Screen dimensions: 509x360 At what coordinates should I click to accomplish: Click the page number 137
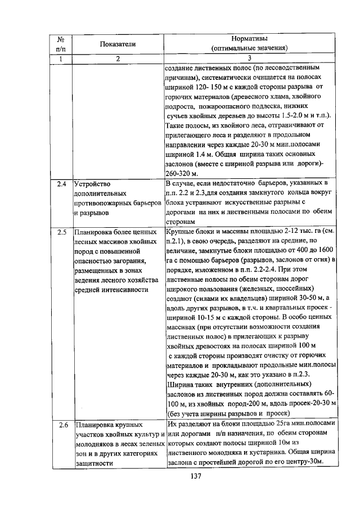(196, 476)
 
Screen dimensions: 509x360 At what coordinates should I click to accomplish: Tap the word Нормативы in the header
(250, 38)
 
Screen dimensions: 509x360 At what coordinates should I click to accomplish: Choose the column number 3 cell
(250, 58)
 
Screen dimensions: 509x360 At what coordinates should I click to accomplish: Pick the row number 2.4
(62, 183)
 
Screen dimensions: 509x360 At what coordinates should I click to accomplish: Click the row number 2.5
(62, 231)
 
